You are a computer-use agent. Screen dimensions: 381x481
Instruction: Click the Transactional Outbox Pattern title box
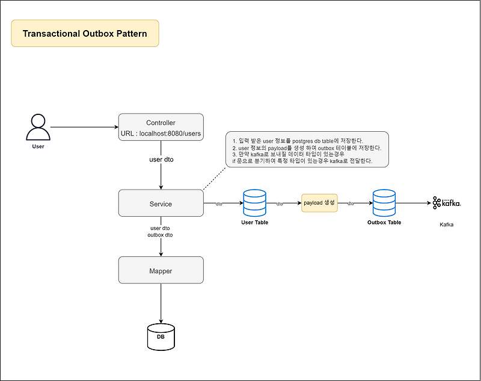point(85,33)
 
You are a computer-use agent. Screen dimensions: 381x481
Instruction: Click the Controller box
point(161,127)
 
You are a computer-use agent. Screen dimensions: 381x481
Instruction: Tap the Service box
point(161,203)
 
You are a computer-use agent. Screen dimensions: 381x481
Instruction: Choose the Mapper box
point(161,271)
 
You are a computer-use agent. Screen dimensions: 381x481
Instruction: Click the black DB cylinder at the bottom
point(161,337)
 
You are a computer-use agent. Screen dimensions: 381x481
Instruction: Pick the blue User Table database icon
point(254,203)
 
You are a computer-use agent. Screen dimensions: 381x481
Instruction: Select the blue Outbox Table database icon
point(384,203)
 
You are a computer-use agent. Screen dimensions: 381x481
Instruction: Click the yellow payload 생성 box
point(320,203)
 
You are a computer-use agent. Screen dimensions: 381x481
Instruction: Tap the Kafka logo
point(446,203)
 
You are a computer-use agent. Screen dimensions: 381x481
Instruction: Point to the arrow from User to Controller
point(84,127)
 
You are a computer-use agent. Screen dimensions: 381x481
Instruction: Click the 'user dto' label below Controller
point(161,160)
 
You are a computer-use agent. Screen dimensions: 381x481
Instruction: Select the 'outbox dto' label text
point(161,235)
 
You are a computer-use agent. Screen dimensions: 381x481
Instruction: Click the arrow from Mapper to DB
point(161,304)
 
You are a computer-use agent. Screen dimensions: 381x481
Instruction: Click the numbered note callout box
point(307,149)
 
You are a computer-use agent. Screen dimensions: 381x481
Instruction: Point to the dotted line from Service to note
point(215,179)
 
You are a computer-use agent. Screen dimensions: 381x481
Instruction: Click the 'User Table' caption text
point(254,223)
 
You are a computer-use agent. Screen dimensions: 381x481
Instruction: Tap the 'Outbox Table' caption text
point(384,223)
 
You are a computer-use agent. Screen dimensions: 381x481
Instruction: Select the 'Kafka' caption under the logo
point(446,225)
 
